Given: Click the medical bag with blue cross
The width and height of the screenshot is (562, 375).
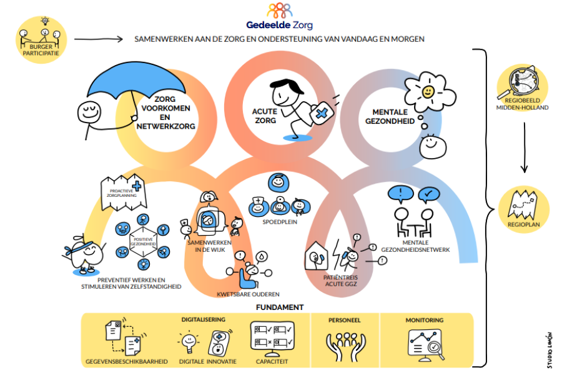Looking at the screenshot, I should (x=318, y=113).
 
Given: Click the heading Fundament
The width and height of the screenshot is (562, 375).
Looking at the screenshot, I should (x=279, y=307).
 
